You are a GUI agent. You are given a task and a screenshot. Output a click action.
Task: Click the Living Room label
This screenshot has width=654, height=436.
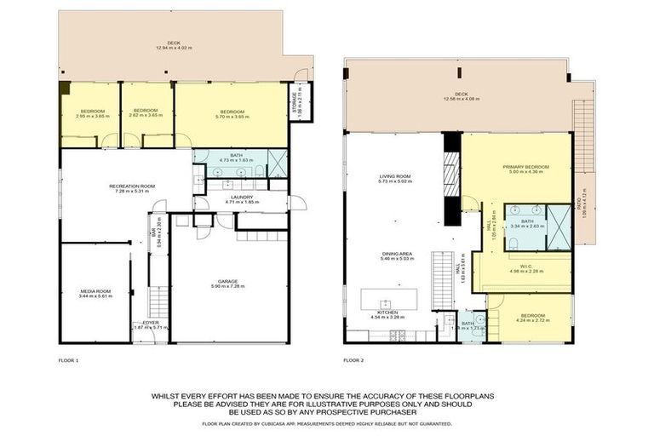(394, 176)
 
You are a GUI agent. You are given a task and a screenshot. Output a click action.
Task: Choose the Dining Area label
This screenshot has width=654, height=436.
(396, 254)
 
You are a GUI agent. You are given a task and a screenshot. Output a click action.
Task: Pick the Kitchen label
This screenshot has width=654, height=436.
(391, 313)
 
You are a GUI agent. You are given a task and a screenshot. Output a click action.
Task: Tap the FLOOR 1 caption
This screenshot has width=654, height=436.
(68, 361)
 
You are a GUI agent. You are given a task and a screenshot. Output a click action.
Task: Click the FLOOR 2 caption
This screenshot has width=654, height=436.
(353, 361)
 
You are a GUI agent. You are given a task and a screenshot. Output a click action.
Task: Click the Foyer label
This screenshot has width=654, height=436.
(151, 324)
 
